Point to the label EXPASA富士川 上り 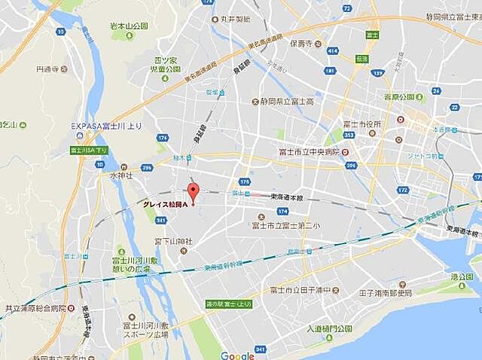(x=101, y=127)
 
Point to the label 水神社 (x=120, y=175)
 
